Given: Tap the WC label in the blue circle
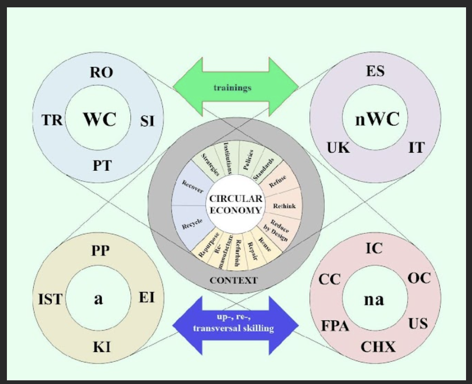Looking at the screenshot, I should pos(99,119).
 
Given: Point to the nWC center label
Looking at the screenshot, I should pos(376,119).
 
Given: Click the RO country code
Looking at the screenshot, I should pos(101,73).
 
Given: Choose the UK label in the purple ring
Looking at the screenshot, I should pos(338,148).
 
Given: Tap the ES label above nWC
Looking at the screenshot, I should pos(375,71).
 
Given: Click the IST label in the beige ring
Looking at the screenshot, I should pos(50,299).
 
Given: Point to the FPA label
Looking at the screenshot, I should pos(335,326).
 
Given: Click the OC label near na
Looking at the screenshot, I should pos(419,278).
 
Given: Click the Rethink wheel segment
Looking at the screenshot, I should pos(284,206).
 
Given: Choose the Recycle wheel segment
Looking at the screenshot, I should pos(192,226).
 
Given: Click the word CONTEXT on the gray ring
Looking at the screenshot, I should pos(234,280).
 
